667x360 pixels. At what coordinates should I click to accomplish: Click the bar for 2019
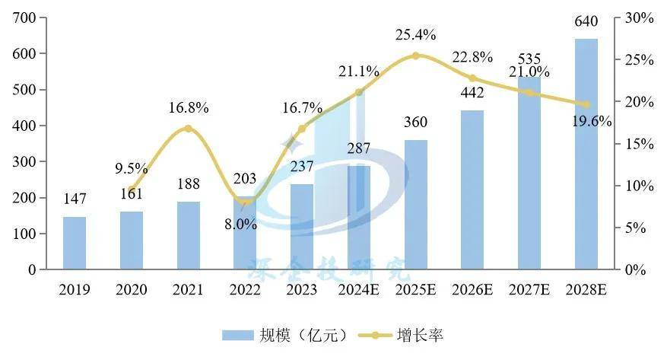tap(75, 243)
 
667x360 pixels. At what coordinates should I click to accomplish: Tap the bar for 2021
tap(188, 235)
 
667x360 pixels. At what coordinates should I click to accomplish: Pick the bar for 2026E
tap(473, 190)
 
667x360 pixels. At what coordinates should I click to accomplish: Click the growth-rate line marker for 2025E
tap(415, 56)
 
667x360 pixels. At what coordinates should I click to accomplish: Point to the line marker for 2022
tap(245, 202)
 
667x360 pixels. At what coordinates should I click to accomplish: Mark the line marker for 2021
tap(188, 129)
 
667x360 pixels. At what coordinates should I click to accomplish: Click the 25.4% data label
tap(415, 34)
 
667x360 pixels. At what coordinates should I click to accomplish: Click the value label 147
tap(75, 199)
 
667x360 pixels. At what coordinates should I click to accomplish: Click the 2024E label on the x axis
tap(358, 290)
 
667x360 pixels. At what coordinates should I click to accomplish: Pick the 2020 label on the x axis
tap(131, 290)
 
